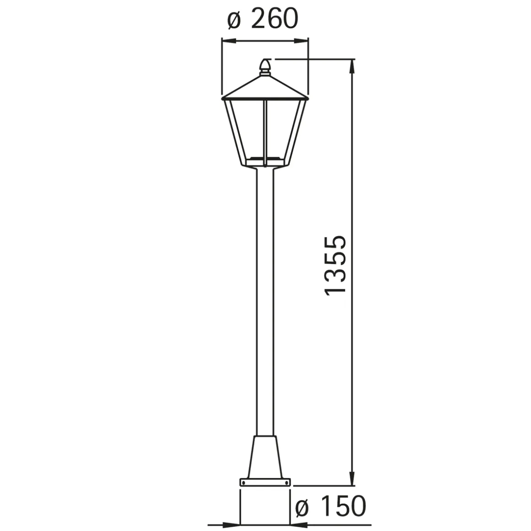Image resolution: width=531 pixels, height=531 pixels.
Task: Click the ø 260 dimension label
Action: coord(263,19)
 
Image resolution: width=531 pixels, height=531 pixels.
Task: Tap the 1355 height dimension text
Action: coord(335,265)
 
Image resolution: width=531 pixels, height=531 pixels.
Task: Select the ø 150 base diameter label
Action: coord(331,507)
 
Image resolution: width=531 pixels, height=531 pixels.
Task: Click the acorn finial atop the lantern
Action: coord(265,67)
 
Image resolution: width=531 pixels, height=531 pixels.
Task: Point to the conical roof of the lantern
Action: coord(265,87)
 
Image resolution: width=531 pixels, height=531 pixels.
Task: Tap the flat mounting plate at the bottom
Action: coord(265,482)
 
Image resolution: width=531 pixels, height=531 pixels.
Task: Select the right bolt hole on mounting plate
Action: coord(287,482)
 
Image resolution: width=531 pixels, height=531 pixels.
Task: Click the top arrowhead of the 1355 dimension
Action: coord(352,66)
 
